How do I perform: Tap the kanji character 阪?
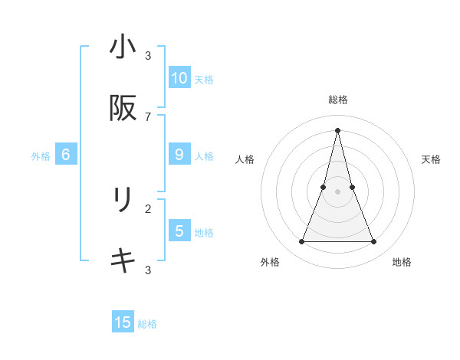pyautogui.click(x=123, y=109)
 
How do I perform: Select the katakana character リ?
pyautogui.click(x=123, y=200)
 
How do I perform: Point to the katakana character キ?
pyautogui.click(x=123, y=261)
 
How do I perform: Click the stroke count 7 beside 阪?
pyautogui.click(x=148, y=116)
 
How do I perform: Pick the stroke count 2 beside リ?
pyautogui.click(x=148, y=208)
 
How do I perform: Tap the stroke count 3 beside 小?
pyautogui.click(x=148, y=55)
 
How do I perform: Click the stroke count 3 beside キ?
pyautogui.click(x=148, y=270)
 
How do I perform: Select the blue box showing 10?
pyautogui.click(x=179, y=78)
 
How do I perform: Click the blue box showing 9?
pyautogui.click(x=179, y=155)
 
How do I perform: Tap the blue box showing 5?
pyautogui.click(x=179, y=231)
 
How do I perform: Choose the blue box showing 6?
pyautogui.click(x=66, y=155)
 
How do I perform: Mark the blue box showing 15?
pyautogui.click(x=123, y=322)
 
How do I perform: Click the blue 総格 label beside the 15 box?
pyautogui.click(x=147, y=324)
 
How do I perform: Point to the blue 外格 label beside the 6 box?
pyautogui.click(x=41, y=156)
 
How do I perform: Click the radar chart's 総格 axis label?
pyautogui.click(x=337, y=100)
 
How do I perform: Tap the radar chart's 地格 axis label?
pyautogui.click(x=402, y=262)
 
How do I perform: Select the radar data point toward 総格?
pyautogui.click(x=337, y=130)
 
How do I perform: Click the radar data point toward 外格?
pyautogui.click(x=301, y=242)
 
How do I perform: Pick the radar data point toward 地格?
pyautogui.click(x=374, y=242)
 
